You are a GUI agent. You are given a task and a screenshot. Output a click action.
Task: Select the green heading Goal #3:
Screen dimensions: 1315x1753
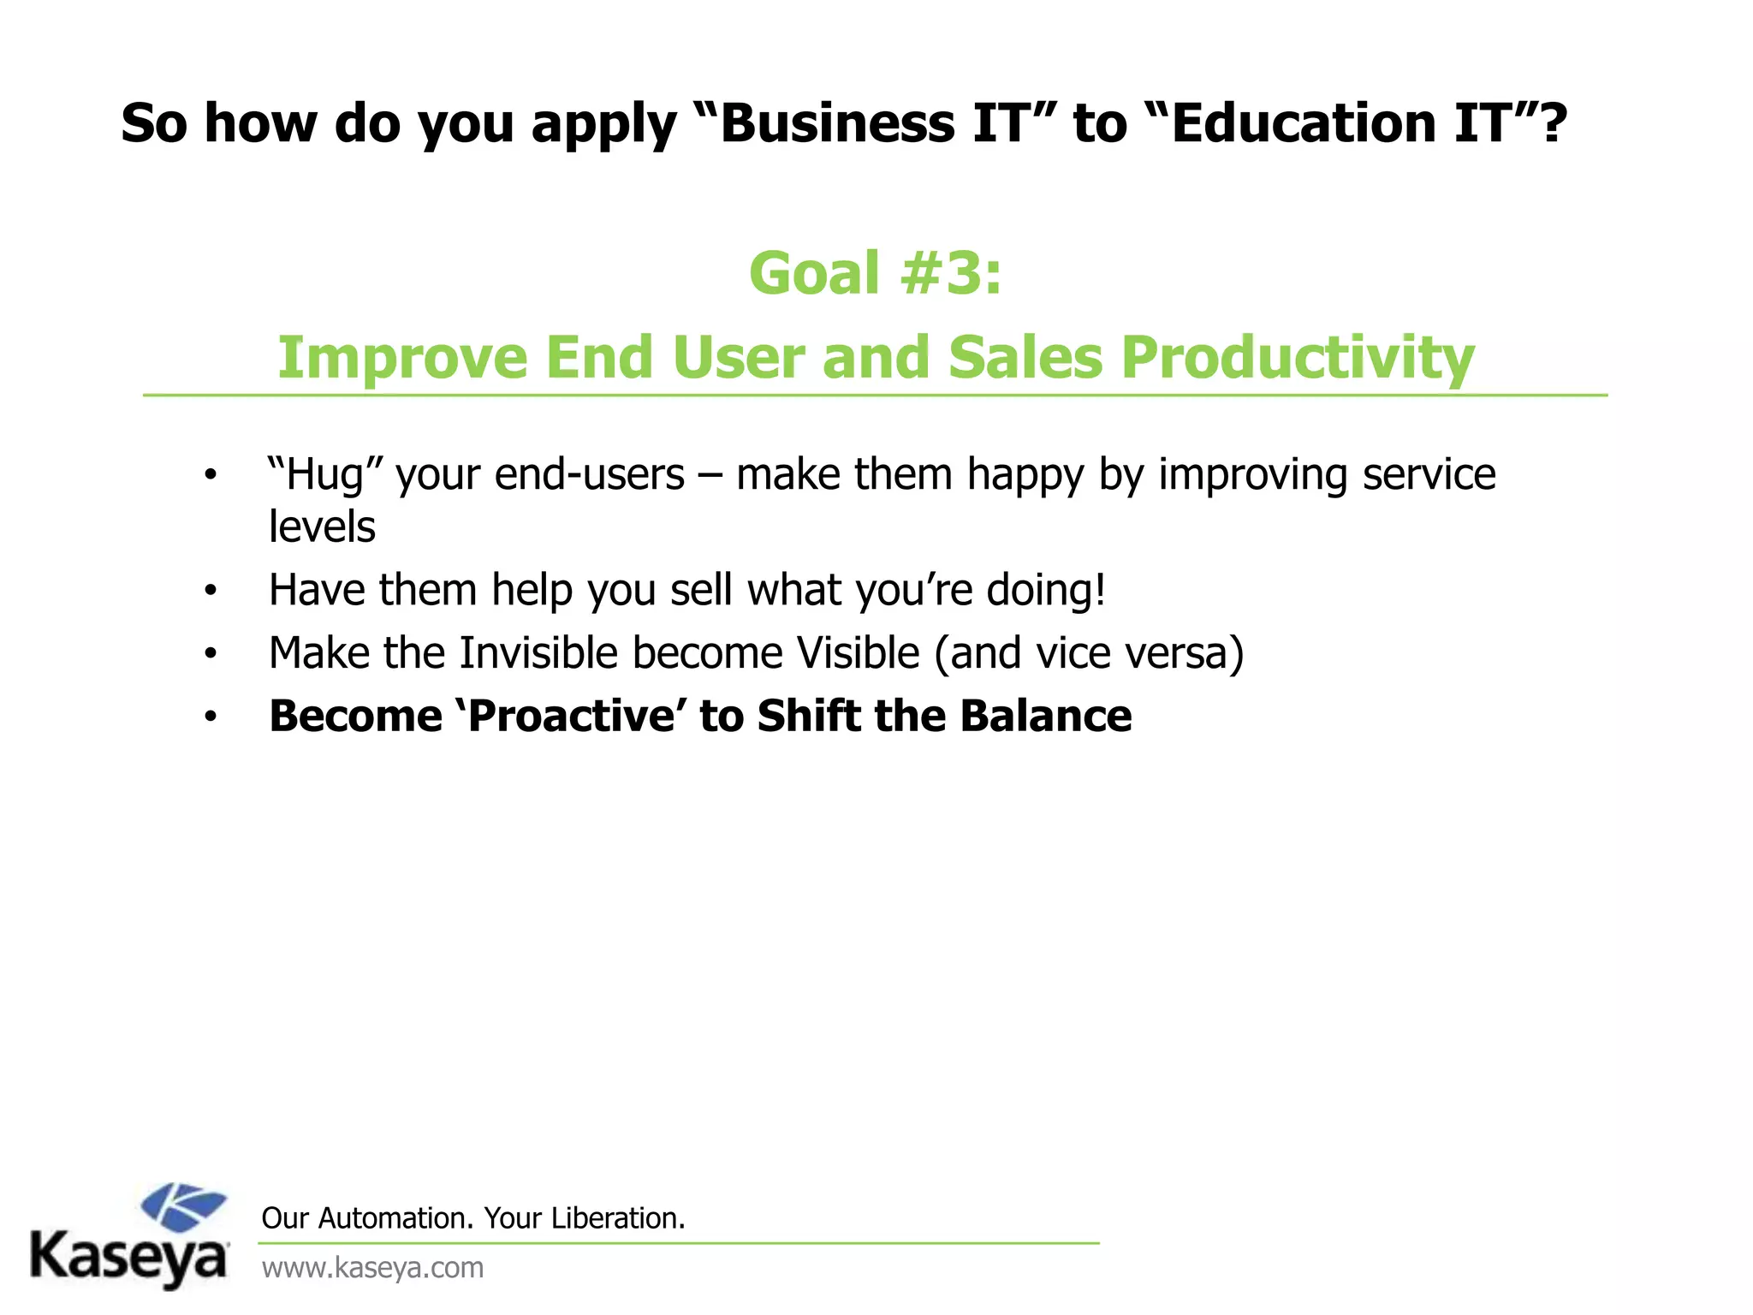[875, 274]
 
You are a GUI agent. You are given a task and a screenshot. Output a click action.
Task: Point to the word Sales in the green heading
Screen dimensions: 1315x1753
[1025, 357]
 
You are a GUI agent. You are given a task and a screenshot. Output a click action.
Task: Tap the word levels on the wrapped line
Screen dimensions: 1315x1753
[322, 527]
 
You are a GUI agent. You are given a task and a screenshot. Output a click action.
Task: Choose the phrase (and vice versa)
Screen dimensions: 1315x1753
[1089, 653]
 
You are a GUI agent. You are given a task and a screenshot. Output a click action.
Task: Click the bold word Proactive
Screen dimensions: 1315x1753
[573, 716]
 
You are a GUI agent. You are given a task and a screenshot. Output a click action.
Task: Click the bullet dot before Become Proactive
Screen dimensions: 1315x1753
[211, 717]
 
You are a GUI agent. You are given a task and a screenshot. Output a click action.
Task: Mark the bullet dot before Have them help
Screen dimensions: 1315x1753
[211, 592]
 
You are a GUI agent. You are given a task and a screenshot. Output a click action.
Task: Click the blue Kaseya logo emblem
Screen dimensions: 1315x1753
[182, 1206]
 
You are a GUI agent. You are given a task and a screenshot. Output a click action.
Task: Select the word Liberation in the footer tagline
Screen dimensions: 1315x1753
[617, 1217]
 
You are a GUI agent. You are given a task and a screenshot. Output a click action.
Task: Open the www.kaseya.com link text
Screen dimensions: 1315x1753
[372, 1267]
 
